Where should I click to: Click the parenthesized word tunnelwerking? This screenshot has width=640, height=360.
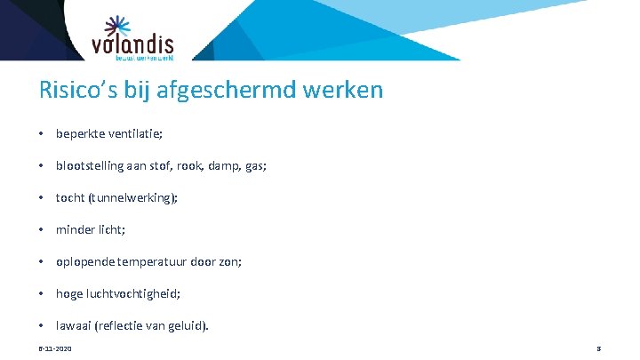point(134,197)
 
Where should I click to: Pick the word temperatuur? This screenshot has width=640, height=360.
point(159,261)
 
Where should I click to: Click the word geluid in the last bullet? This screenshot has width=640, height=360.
point(189,325)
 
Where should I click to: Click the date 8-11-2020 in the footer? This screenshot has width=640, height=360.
point(55,348)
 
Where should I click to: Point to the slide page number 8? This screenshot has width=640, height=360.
point(600,348)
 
